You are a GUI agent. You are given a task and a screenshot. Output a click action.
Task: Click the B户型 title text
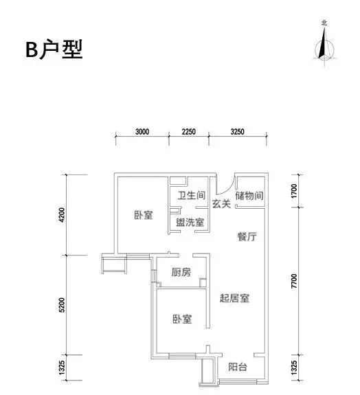54,49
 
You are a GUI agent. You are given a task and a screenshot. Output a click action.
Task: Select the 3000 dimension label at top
142,131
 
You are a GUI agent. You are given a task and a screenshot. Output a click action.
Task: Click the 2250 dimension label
188,131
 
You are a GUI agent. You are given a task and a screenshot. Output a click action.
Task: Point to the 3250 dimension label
237,131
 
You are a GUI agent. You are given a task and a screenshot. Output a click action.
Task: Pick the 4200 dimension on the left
62,214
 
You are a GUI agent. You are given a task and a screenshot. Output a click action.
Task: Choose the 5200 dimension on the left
62,305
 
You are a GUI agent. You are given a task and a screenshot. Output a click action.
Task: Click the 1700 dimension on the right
294,191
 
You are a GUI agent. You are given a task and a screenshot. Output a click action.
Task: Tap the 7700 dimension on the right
294,281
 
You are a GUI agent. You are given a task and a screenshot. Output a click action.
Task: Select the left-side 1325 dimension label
62,367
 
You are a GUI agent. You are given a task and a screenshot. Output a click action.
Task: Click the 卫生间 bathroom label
192,195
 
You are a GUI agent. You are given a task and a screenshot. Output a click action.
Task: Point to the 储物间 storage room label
249,196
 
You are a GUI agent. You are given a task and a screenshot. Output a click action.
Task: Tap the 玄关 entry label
221,204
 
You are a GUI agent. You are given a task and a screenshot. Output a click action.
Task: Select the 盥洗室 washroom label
190,222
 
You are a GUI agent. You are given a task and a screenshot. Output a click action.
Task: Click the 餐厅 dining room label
247,236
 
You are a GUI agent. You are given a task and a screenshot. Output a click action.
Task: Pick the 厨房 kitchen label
181,272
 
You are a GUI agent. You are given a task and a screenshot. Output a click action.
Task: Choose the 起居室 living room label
234,298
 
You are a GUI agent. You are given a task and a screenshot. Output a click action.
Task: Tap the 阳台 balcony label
238,367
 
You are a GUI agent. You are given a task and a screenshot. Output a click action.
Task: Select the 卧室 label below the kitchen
182,319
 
